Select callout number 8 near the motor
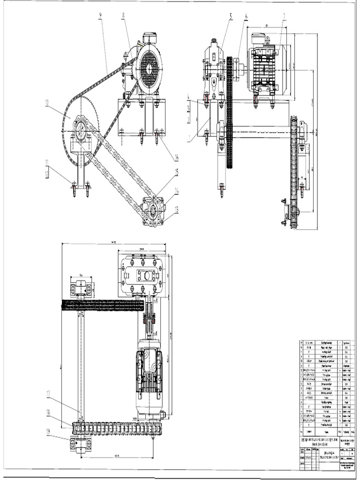tap(123, 15)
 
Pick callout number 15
tap(177, 172)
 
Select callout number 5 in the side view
tap(231, 16)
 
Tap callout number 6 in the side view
tap(246, 16)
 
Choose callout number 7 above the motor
tap(284, 16)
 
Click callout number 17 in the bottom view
tap(48, 394)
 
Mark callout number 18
tap(48, 412)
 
